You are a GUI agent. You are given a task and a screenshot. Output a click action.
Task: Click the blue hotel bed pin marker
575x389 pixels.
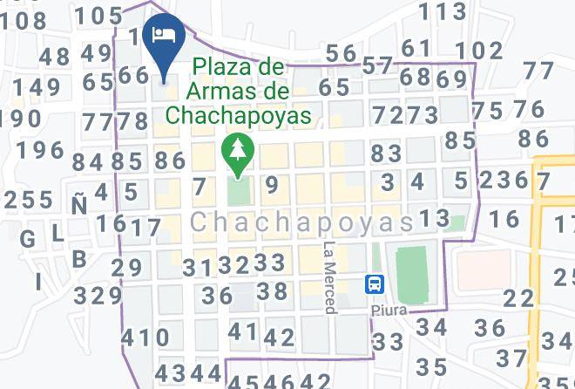pos(162,36)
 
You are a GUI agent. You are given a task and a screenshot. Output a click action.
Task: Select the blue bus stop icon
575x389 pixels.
pos(375,283)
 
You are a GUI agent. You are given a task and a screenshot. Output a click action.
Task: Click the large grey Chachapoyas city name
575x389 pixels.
pos(301,223)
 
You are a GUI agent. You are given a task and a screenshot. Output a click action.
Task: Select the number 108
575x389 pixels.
pos(23,21)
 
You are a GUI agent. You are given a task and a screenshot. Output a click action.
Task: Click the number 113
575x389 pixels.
pos(443,11)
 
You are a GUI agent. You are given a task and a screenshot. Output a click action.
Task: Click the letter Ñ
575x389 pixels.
pos(79,204)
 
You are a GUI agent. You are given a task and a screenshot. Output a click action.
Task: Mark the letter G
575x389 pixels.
pos(28,238)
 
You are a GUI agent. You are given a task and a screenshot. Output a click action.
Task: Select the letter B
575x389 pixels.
pos(80,259)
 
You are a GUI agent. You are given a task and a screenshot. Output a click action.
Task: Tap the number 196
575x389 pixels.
pos(41,150)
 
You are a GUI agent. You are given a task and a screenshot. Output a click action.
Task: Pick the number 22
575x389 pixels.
pos(519,297)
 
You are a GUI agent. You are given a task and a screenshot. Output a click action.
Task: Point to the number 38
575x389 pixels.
pos(272,290)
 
